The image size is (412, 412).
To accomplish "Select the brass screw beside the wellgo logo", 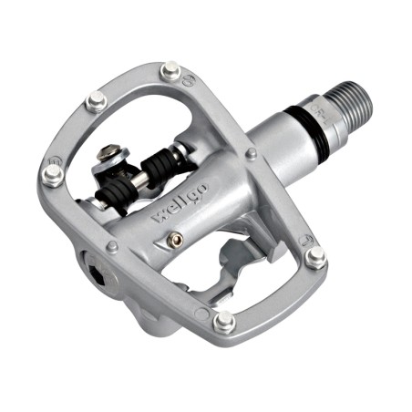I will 171,240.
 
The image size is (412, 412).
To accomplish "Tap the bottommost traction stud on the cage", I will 221,320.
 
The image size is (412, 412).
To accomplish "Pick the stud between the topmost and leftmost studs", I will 94,102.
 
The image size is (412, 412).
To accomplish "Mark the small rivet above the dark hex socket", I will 111,246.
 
